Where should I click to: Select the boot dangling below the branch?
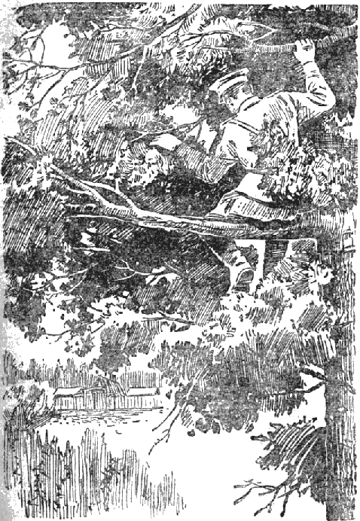pos(243,276)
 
